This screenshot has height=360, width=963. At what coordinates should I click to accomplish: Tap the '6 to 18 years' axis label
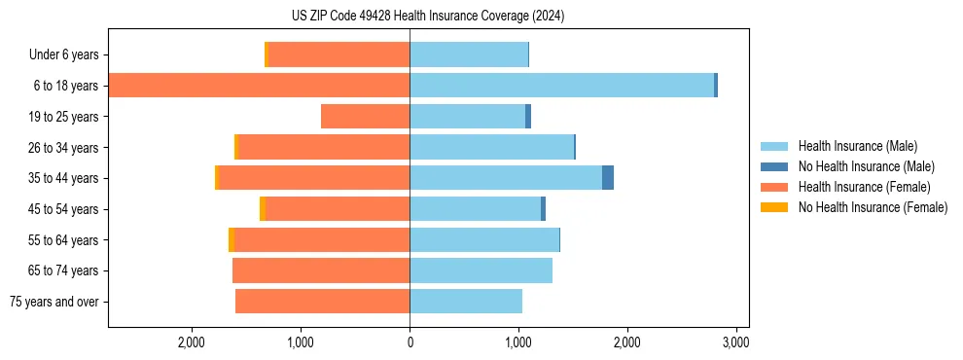(66, 86)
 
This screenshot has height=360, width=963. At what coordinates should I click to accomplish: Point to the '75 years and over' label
(54, 302)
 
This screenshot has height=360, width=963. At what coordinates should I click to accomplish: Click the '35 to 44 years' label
(63, 178)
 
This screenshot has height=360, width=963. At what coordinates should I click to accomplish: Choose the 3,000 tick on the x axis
(735, 342)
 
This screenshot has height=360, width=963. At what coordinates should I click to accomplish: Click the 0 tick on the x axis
(410, 342)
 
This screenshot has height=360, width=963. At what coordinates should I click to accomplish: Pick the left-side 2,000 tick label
(192, 342)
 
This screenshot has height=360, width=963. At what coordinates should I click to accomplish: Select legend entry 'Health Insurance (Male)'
(857, 146)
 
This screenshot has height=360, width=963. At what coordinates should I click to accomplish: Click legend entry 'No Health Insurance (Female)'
(873, 207)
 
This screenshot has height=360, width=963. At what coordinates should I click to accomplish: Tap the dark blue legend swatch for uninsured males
(774, 166)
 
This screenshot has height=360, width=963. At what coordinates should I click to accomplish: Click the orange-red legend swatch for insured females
(774, 187)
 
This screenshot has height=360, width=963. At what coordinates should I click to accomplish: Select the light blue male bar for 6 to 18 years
(561, 86)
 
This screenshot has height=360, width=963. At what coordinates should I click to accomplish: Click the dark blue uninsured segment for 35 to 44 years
(608, 178)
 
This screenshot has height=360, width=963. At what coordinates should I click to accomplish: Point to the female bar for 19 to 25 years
(365, 117)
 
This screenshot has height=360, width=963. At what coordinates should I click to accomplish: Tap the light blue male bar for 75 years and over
(466, 302)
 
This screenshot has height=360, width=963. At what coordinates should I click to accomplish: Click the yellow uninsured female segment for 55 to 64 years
(232, 240)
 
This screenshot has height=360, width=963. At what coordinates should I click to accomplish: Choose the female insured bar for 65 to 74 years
(321, 270)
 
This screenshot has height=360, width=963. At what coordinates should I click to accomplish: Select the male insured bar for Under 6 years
(469, 55)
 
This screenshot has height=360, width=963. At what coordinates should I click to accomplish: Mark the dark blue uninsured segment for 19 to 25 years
(528, 117)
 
